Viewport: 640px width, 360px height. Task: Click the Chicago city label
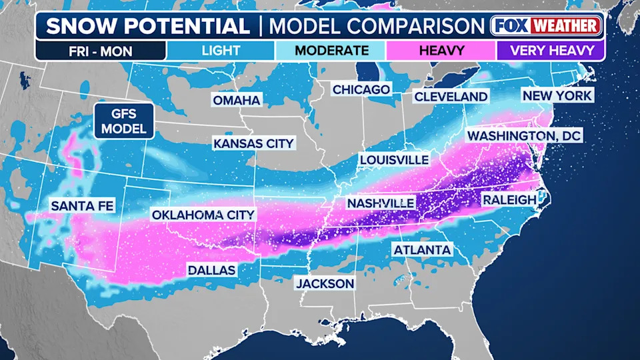pos(361,89)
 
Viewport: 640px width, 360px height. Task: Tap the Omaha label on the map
pos(237,100)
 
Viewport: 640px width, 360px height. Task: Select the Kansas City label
pos(253,143)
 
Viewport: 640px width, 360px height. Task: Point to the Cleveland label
pos(451,97)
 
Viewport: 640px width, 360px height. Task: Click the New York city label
pos(557,95)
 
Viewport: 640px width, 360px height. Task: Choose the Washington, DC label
pos(524,136)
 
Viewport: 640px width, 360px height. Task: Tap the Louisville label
pos(394,160)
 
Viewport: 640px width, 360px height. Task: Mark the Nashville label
pos(381,203)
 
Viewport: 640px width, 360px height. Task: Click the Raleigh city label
pos(510,200)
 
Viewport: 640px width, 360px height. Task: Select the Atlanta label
pos(422,250)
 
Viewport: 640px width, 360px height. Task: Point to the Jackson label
pos(325,283)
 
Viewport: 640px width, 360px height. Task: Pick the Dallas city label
pos(211,270)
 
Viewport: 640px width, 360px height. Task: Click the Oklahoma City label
pos(203,215)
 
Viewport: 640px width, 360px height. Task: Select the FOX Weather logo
pos(547,26)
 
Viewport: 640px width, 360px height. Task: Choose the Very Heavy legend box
pos(550,51)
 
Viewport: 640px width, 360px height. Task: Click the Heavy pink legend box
pos(441,51)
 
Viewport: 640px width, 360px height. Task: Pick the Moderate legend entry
pos(331,51)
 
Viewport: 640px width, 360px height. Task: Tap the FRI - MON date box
pos(101,51)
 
